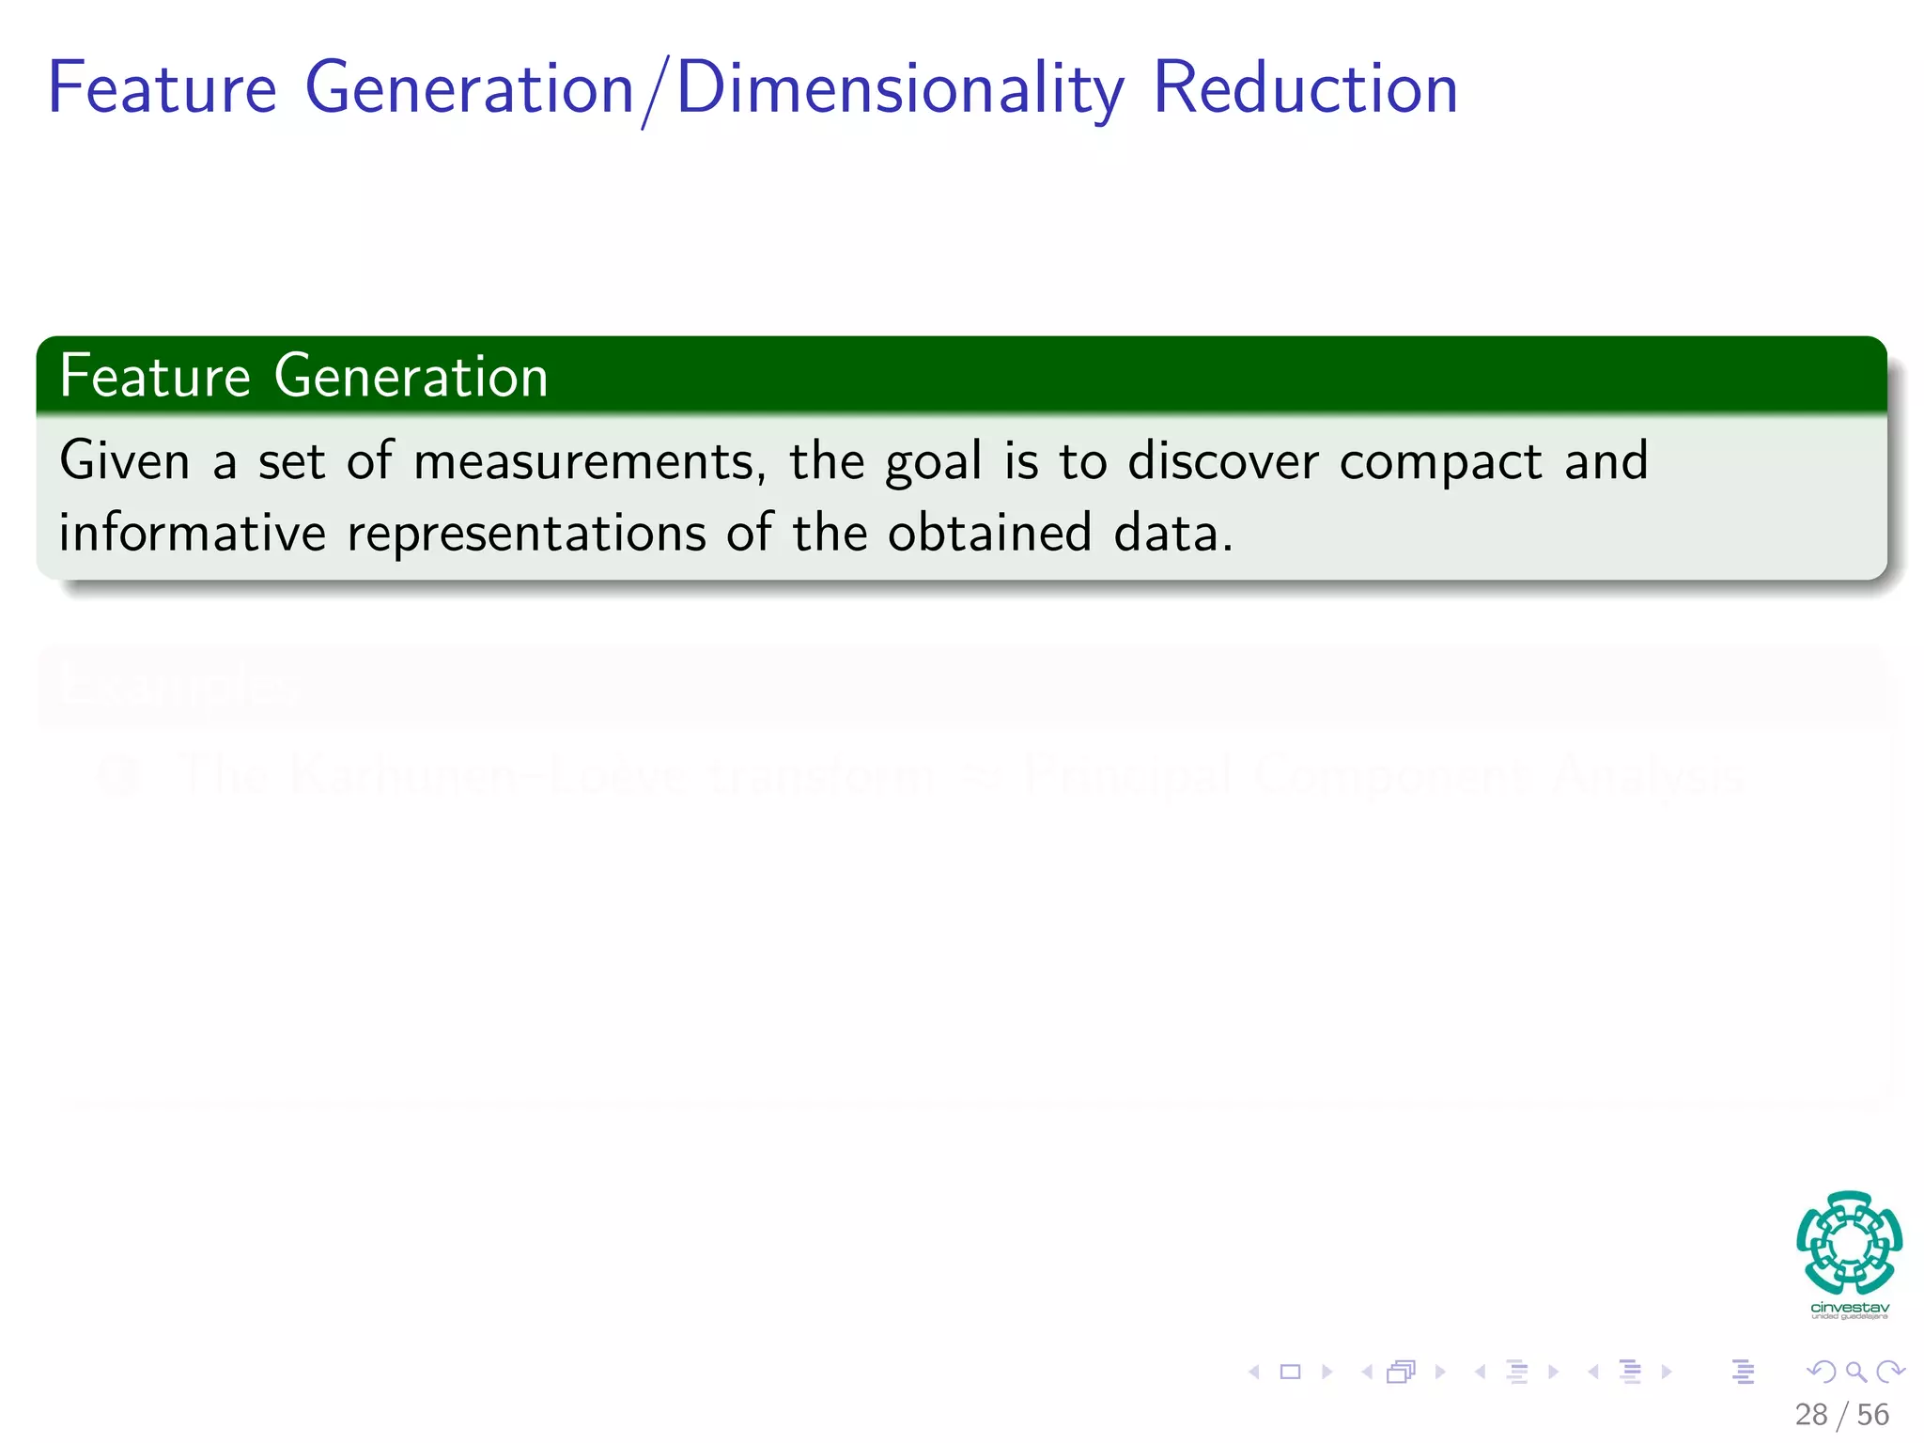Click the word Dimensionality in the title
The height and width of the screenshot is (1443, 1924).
[899, 89]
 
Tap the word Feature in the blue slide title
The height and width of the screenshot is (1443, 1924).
[162, 89]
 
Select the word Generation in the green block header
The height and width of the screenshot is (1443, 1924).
[411, 377]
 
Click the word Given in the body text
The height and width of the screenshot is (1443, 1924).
[124, 461]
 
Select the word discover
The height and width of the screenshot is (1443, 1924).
[1222, 461]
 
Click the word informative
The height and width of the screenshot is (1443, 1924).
[192, 533]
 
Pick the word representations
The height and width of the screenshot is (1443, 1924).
[526, 535]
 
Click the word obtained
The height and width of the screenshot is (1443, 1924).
[989, 533]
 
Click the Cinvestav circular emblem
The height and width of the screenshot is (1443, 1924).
[1849, 1242]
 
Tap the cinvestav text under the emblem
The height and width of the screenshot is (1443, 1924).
[1849, 1308]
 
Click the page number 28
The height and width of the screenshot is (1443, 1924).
[1810, 1415]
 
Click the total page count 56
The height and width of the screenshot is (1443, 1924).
[1872, 1415]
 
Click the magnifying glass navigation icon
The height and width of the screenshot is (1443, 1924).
[1855, 1373]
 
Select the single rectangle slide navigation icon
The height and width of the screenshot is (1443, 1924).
[1290, 1373]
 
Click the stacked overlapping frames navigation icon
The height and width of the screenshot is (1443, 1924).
[1401, 1373]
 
